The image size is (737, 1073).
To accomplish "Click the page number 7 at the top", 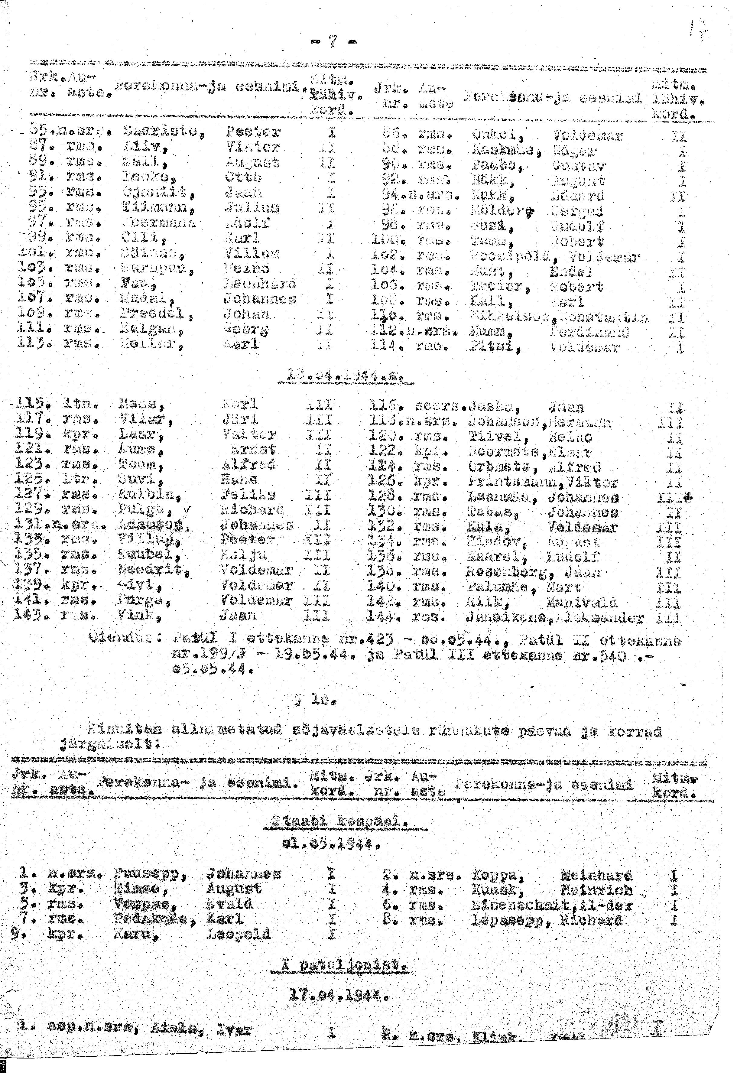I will (x=332, y=42).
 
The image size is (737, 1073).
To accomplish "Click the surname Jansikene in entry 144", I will (x=506, y=618).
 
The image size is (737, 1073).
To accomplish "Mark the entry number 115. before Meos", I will (x=31, y=405).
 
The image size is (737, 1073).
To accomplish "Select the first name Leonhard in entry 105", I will (x=259, y=284).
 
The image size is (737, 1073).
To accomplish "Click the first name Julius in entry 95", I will (x=252, y=208).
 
